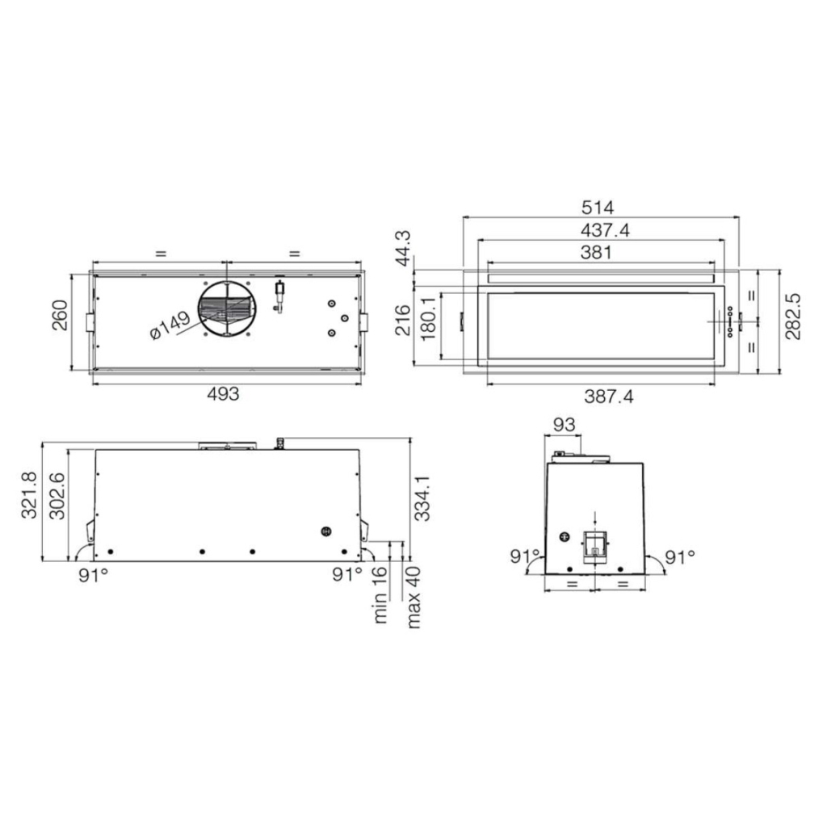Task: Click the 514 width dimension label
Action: tap(598, 208)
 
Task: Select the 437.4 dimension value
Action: tap(605, 230)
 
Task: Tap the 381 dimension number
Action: tap(596, 253)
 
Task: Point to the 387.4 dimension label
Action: tap(609, 396)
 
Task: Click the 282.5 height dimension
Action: tap(793, 317)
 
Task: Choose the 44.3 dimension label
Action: tap(403, 249)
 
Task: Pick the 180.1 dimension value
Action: tap(429, 318)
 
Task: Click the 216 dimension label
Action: tap(403, 320)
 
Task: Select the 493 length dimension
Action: tap(223, 394)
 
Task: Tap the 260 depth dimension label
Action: tap(60, 315)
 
